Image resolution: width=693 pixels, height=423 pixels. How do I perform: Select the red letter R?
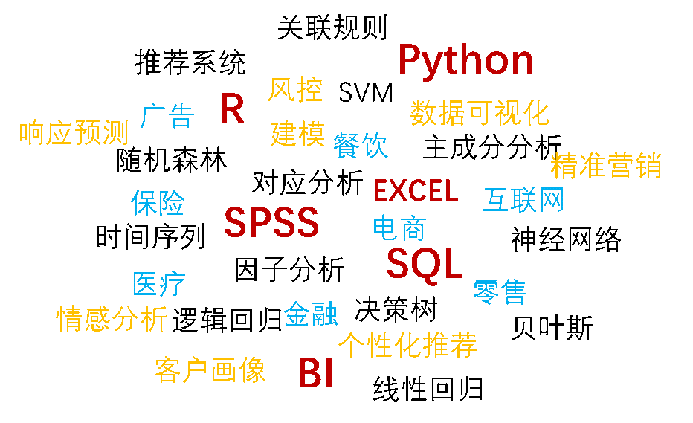[x=232, y=109]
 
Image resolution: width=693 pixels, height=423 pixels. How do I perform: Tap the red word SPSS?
[x=271, y=222]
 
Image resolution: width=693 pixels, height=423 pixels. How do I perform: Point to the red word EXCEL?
[x=416, y=191]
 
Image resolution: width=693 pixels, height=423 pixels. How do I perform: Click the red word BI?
[x=315, y=372]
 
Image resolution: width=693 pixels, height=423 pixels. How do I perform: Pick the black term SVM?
[x=366, y=93]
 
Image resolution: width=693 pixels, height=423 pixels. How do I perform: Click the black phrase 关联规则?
[x=332, y=28]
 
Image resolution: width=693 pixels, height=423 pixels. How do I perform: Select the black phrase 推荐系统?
[x=190, y=62]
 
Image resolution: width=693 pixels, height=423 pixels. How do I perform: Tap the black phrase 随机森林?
[x=172, y=160]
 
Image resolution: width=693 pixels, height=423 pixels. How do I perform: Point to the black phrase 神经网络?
[x=566, y=239]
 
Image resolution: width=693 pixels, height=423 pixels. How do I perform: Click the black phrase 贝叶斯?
[x=552, y=328]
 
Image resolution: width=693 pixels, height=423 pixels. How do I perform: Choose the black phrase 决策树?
[x=396, y=309]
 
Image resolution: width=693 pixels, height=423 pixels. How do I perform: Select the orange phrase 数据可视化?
[x=480, y=113]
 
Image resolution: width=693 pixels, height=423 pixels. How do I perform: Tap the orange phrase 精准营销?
[x=606, y=166]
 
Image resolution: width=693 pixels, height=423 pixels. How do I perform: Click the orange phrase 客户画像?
[x=210, y=369]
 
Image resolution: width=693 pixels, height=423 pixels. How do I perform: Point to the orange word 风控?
[x=295, y=89]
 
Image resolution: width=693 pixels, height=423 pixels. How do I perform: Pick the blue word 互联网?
[x=523, y=199]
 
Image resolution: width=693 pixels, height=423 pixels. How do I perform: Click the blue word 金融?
[x=311, y=314]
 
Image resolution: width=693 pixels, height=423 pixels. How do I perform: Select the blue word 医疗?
[x=159, y=283]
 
